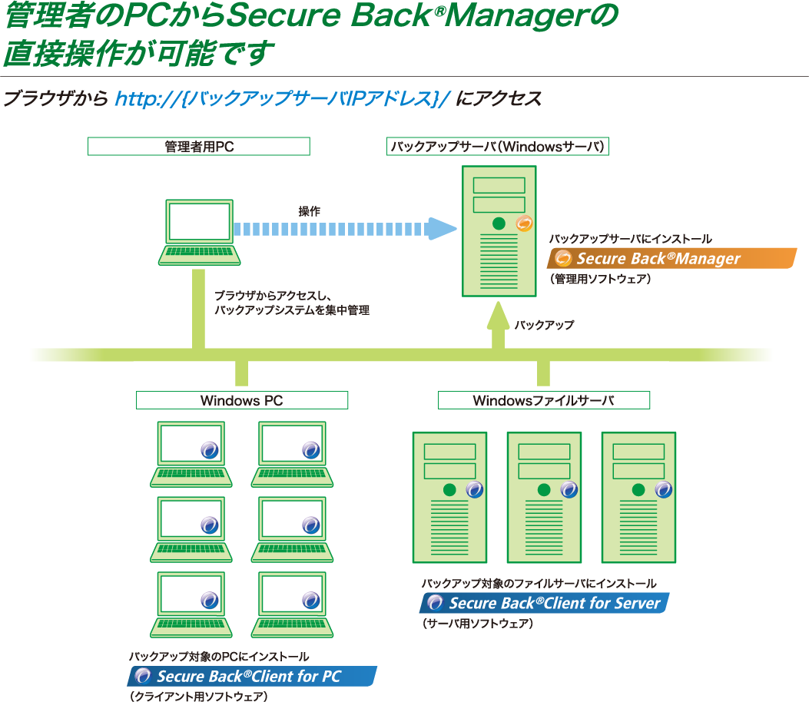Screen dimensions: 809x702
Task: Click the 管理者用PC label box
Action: [x=199, y=147]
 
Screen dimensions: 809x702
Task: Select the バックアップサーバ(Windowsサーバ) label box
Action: [x=497, y=147]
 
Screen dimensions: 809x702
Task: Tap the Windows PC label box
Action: [x=242, y=400]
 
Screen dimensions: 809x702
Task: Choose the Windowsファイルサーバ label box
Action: [x=544, y=400]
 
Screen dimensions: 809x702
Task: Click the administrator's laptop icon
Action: [x=199, y=233]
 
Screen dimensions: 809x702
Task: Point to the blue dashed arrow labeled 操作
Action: [x=345, y=229]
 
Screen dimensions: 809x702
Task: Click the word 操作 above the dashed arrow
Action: [x=309, y=211]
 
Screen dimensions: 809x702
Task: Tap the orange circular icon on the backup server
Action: [x=524, y=224]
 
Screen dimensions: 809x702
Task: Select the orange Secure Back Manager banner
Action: [x=671, y=258]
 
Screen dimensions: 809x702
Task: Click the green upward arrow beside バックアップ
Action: [x=498, y=325]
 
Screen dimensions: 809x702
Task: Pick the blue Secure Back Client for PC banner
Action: [x=252, y=676]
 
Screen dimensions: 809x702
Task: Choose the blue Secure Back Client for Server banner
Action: [x=544, y=603]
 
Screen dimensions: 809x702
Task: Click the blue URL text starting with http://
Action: [x=283, y=98]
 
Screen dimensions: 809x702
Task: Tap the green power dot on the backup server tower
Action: [x=499, y=224]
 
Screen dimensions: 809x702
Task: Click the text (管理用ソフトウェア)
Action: [x=601, y=279]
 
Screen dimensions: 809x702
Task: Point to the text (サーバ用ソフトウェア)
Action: [x=478, y=624]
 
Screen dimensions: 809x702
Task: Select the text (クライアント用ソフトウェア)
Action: [x=199, y=697]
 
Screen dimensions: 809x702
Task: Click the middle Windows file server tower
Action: [x=544, y=497]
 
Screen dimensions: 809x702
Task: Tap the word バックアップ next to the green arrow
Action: [x=544, y=325]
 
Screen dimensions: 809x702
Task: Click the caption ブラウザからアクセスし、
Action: [x=273, y=296]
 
